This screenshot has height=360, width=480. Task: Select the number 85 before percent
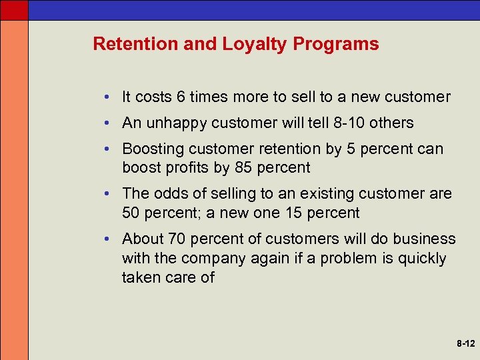coord(243,168)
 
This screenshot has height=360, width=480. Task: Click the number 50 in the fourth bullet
coord(131,213)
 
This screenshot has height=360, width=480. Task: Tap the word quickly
coord(421,259)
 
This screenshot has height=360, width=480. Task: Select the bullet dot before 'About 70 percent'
coord(107,239)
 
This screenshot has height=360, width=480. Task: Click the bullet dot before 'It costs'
coord(107,97)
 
